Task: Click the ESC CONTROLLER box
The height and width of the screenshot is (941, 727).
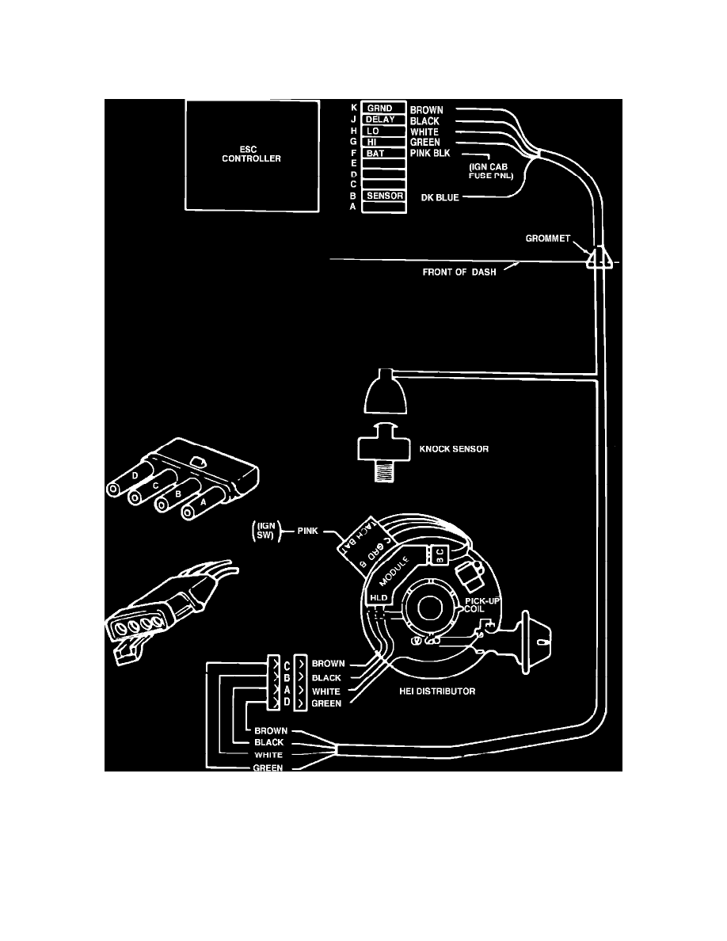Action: pyautogui.click(x=251, y=152)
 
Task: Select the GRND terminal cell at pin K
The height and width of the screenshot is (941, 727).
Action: pyautogui.click(x=383, y=109)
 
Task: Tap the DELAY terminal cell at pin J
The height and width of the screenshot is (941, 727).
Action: pyautogui.click(x=383, y=120)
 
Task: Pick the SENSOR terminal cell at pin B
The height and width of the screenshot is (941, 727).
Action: pyautogui.click(x=383, y=196)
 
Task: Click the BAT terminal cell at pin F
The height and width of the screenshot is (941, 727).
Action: pyautogui.click(x=383, y=153)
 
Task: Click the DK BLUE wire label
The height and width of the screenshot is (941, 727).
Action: pyautogui.click(x=440, y=196)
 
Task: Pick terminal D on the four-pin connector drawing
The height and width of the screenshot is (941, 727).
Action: pyautogui.click(x=139, y=475)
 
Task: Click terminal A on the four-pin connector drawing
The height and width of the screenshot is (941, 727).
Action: pyautogui.click(x=204, y=501)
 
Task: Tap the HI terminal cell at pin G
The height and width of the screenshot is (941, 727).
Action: pyautogui.click(x=383, y=142)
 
